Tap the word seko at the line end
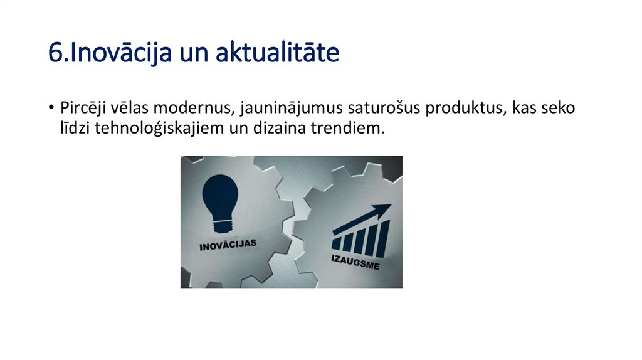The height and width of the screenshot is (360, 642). [559, 108]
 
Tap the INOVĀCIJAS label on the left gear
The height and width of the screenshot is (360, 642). [228, 244]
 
